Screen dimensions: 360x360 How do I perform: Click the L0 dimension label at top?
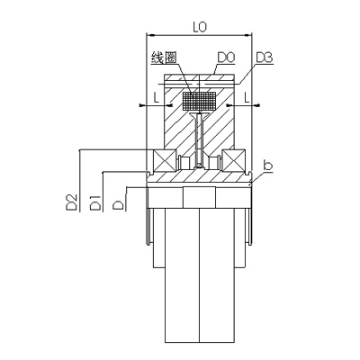coord(200,27)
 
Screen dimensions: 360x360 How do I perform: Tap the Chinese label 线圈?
coord(164,58)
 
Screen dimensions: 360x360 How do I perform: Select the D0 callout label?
coord(226,58)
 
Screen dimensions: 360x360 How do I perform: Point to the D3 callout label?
coord(265,58)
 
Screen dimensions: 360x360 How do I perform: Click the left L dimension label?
coord(157,97)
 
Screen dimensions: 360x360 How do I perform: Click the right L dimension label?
coord(247,97)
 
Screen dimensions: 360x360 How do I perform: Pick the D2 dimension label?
coord(72,202)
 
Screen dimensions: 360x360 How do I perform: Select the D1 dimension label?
coord(95,202)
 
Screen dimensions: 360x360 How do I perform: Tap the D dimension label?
coord(119,205)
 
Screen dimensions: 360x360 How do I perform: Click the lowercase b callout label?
coord(267,166)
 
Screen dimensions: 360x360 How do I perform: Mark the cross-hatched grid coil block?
coord(199,101)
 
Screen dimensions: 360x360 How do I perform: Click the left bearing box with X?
coord(165,160)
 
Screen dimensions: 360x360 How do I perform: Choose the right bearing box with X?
coord(234,160)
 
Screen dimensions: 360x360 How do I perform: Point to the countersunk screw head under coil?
coord(199,114)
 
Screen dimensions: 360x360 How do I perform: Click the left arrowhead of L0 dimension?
coord(150,36)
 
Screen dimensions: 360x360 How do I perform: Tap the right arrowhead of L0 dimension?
coord(248,36)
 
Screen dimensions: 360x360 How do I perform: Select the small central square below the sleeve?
coord(199,197)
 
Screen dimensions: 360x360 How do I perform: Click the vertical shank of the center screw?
coord(199,141)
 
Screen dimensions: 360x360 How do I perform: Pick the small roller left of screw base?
coord(184,163)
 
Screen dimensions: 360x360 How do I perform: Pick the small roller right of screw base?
coord(215,163)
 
